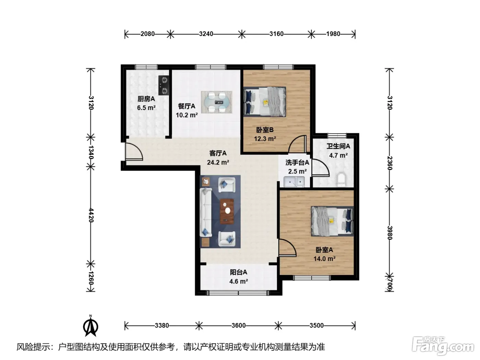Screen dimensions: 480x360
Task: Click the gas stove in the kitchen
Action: pyautogui.click(x=164, y=85)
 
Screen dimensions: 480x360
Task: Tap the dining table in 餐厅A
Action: pyautogui.click(x=216, y=102)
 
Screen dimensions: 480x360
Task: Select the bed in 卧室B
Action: pyautogui.click(x=265, y=101)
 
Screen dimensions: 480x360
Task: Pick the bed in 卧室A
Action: pyautogui.click(x=332, y=221)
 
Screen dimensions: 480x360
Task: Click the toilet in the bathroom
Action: pyautogui.click(x=341, y=179)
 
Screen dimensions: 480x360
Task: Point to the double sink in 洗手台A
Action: pyautogui.click(x=294, y=182)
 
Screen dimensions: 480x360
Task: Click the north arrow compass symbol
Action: pyautogui.click(x=91, y=327)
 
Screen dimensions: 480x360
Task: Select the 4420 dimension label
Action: pyautogui.click(x=91, y=216)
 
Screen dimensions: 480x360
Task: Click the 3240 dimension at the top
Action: pyautogui.click(x=206, y=34)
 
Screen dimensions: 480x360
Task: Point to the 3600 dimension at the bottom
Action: pyautogui.click(x=239, y=325)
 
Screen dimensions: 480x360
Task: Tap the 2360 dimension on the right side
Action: pyautogui.click(x=390, y=163)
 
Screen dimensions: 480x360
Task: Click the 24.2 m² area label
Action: pyautogui.click(x=218, y=163)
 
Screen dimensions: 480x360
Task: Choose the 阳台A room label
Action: pyautogui.click(x=238, y=272)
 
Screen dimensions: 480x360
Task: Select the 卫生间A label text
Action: pyautogui.click(x=338, y=146)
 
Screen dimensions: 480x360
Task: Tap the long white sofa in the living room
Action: pyautogui.click(x=206, y=212)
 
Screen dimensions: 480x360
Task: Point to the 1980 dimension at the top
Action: pyautogui.click(x=333, y=34)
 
